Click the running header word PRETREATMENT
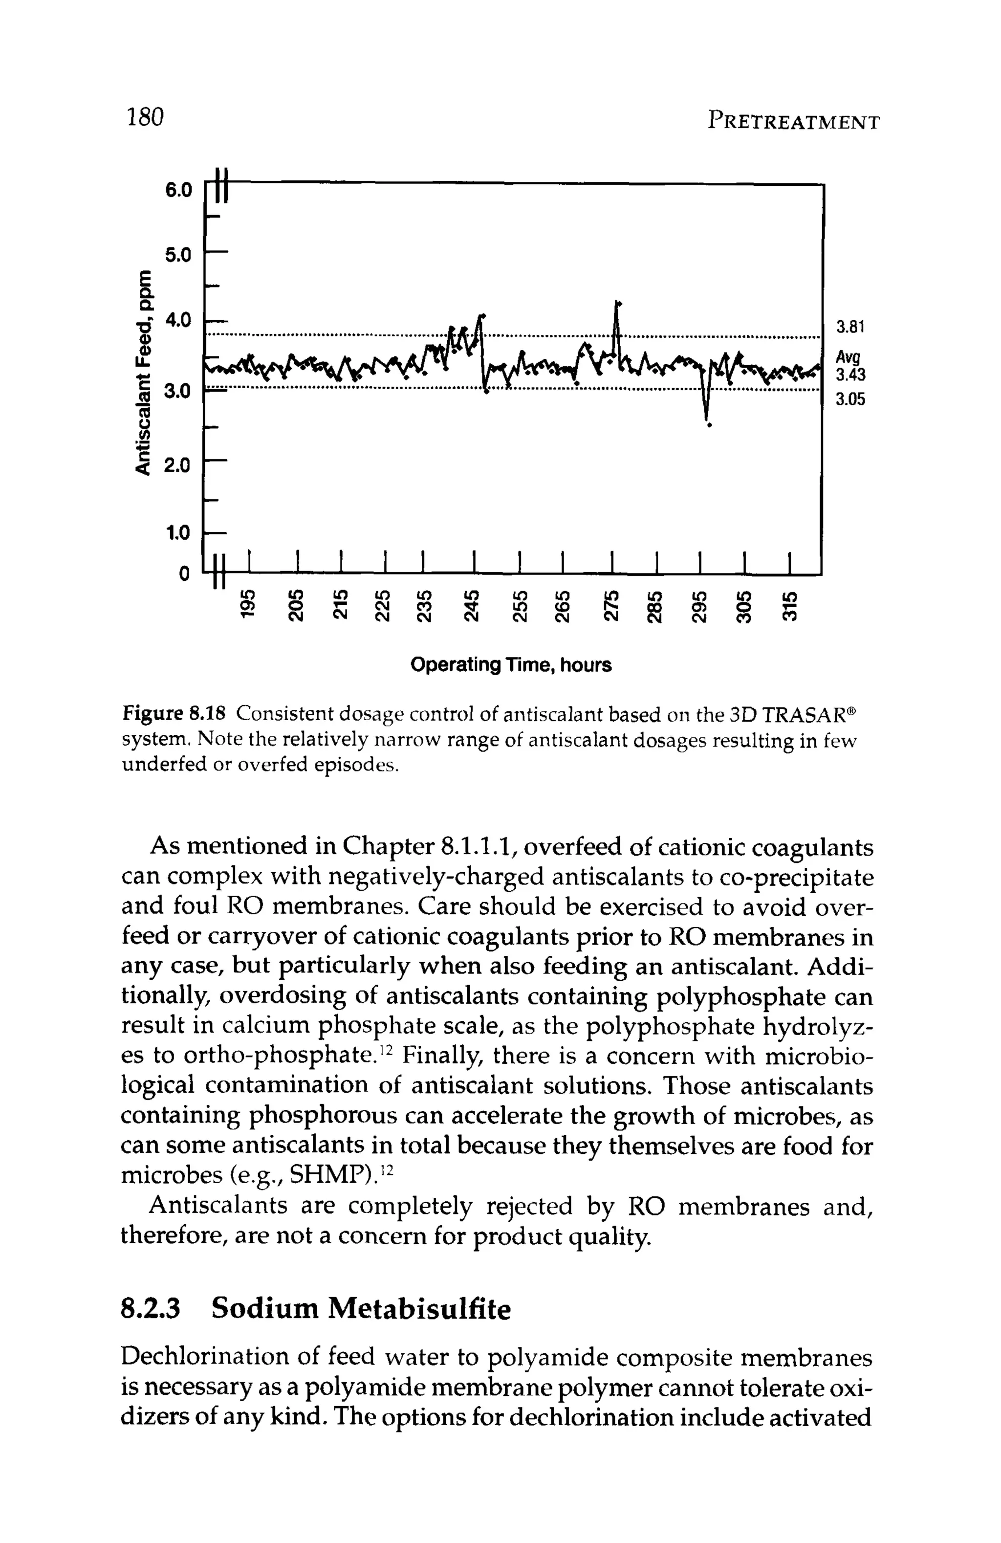794,121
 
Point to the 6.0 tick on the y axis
178,190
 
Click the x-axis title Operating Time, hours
511,665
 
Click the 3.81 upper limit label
850,328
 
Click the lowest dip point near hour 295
709,425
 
